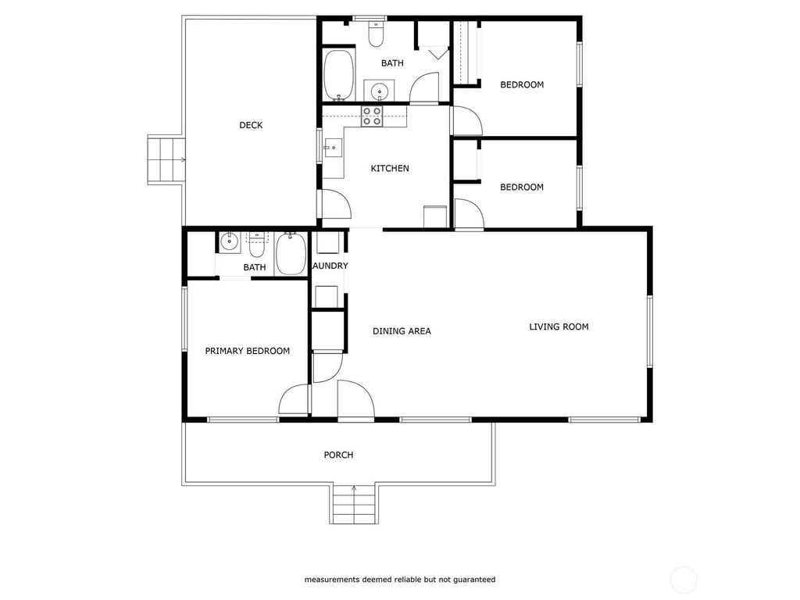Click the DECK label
pyautogui.click(x=251, y=125)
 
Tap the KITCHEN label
pyautogui.click(x=390, y=169)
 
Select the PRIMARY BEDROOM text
pyautogui.click(x=248, y=351)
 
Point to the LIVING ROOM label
pyautogui.click(x=559, y=327)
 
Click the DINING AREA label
pyautogui.click(x=402, y=331)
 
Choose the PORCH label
pyautogui.click(x=339, y=455)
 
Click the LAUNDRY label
pyautogui.click(x=330, y=266)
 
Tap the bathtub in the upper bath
pyautogui.click(x=339, y=74)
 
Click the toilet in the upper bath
pyautogui.click(x=376, y=34)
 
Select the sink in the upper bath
pyautogui.click(x=379, y=91)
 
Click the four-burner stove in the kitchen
pyautogui.click(x=371, y=116)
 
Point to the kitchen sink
pyautogui.click(x=332, y=148)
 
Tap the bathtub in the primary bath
pyautogui.click(x=291, y=254)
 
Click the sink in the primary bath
pyautogui.click(x=230, y=241)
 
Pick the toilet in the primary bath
pyautogui.click(x=256, y=246)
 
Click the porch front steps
pyautogui.click(x=354, y=504)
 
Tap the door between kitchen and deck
pyautogui.click(x=335, y=204)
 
